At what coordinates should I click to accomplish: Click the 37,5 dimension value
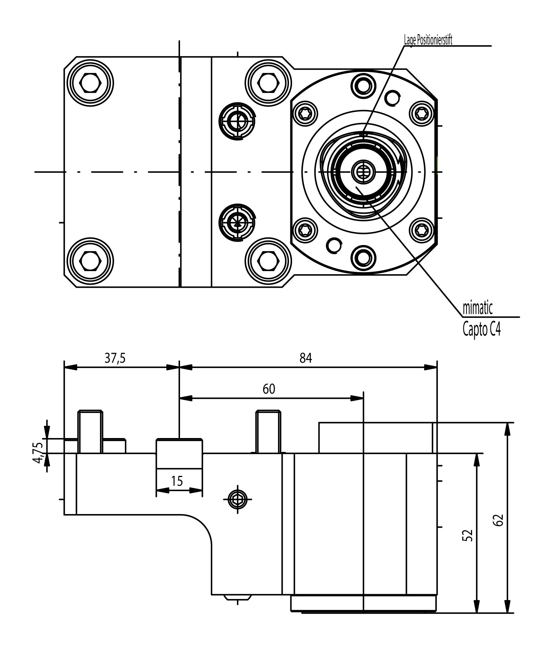tap(115, 358)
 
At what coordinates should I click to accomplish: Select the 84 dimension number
tap(306, 358)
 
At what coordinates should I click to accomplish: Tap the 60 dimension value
tap(269, 389)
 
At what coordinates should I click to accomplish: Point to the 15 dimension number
tap(177, 481)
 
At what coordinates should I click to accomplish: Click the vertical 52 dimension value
tap(468, 535)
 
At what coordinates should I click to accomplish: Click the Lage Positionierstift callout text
tap(428, 40)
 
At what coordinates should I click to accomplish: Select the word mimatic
tap(478, 308)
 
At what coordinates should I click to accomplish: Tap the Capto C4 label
tap(481, 329)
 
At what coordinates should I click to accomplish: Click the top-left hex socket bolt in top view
tap(91, 83)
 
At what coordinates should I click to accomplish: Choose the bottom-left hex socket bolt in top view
tap(91, 261)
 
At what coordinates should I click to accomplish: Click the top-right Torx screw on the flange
tap(422, 113)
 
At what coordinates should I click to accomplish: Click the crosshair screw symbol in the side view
tap(238, 499)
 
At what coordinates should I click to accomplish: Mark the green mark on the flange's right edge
tap(437, 163)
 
